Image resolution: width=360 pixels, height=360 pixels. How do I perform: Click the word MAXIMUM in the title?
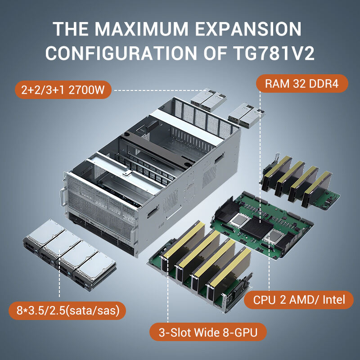coord(141,29)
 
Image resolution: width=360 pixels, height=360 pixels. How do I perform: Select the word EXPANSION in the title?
coord(248,29)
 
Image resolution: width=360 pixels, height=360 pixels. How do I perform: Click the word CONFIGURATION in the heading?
coord(121,53)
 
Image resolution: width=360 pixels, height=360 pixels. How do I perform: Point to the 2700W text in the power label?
coord(86,90)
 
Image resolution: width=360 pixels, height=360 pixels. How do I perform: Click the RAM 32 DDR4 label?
coord(302,84)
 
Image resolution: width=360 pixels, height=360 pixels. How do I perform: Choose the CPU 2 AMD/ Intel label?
coord(299,300)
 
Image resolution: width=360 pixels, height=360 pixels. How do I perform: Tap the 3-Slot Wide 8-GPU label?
coord(208,332)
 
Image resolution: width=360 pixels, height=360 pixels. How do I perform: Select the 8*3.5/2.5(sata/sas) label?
coord(67,310)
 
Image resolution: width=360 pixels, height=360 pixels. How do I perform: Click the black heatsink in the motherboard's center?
coord(256,227)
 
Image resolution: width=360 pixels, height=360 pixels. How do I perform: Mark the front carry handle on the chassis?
coord(63,197)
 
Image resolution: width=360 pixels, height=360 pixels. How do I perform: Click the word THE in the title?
coord(70,29)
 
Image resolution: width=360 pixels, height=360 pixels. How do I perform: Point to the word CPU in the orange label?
coord(264,300)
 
